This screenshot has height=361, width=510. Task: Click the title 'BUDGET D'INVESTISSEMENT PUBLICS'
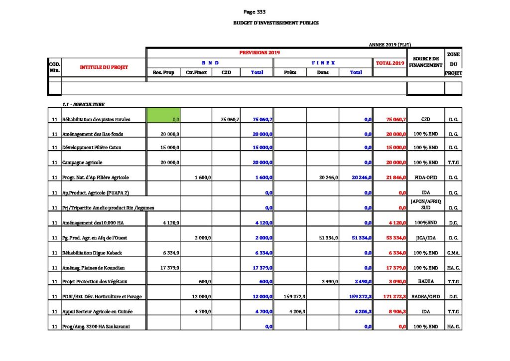[275, 23]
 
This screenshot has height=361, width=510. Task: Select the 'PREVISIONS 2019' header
[259, 52]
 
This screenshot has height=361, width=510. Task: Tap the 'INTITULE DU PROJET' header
[104, 67]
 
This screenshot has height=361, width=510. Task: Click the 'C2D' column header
[226, 72]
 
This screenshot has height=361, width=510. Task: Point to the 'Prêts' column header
[290, 72]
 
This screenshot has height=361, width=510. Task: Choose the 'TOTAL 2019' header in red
[390, 63]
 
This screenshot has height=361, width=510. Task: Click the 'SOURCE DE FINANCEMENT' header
[425, 62]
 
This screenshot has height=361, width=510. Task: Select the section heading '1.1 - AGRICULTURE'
[83, 104]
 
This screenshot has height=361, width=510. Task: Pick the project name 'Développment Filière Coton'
[92, 148]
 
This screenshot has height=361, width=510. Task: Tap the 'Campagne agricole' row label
[82, 163]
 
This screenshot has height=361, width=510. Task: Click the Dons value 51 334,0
[328, 238]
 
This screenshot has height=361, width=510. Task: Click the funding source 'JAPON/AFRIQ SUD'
[425, 204]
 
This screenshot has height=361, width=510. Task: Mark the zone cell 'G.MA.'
[453, 253]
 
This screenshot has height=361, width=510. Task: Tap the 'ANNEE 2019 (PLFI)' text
[389, 45]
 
